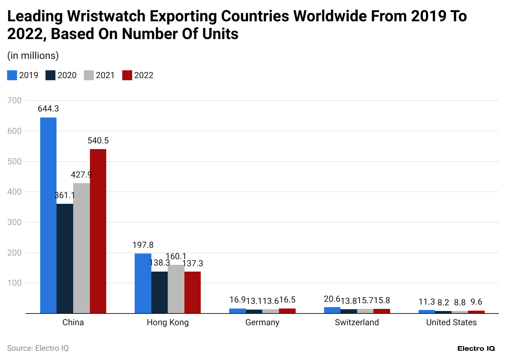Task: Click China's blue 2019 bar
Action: click(x=48, y=215)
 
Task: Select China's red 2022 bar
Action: click(x=98, y=231)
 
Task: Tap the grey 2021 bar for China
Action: click(x=81, y=248)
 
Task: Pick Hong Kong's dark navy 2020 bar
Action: click(x=160, y=293)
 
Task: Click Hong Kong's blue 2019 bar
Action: click(x=143, y=283)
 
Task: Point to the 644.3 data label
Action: click(x=48, y=109)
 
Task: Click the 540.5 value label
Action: click(x=98, y=141)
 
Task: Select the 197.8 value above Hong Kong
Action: click(x=143, y=245)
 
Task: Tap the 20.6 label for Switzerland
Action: click(x=332, y=300)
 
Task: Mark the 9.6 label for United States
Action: click(x=476, y=302)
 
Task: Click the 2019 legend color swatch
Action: click(x=12, y=75)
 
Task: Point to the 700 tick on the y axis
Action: click(x=15, y=100)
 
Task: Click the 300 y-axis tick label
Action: click(x=15, y=222)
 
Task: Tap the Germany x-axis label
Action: click(x=262, y=322)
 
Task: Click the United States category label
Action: click(x=451, y=322)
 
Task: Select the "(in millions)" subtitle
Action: click(x=33, y=56)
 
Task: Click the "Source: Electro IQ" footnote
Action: click(x=38, y=348)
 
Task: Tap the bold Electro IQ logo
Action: click(x=476, y=348)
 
